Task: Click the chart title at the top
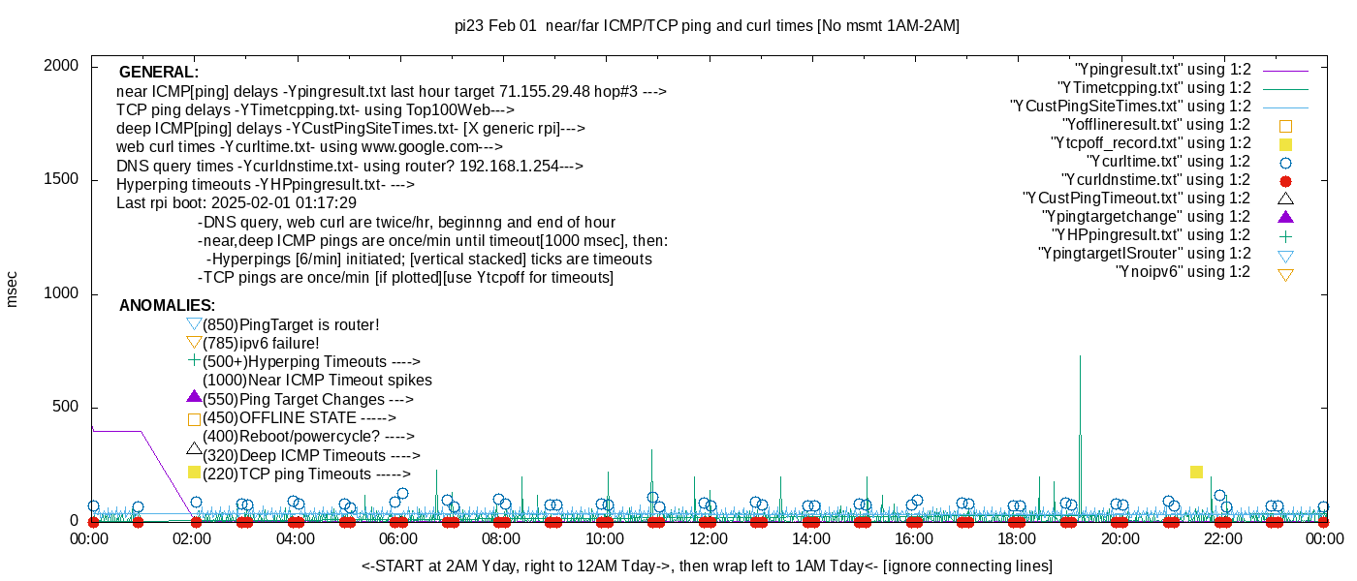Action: click(x=707, y=26)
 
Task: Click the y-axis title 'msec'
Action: click(x=13, y=289)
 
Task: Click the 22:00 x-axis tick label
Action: click(x=1223, y=538)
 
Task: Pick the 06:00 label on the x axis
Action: click(x=398, y=538)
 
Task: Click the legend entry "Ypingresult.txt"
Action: click(x=1163, y=70)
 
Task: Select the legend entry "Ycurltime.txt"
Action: click(x=1169, y=162)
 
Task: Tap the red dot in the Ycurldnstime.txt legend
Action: click(x=1286, y=181)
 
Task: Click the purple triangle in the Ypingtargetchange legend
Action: click(x=1286, y=217)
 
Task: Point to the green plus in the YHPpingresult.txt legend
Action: click(x=1286, y=235)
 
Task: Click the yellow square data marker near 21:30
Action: click(x=1196, y=472)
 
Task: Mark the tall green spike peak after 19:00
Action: click(x=1080, y=356)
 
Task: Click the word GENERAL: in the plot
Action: click(x=159, y=73)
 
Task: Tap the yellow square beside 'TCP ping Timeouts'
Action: click(x=194, y=473)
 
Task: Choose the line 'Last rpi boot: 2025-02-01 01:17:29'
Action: click(x=237, y=203)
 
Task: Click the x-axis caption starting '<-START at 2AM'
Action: click(x=707, y=566)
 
